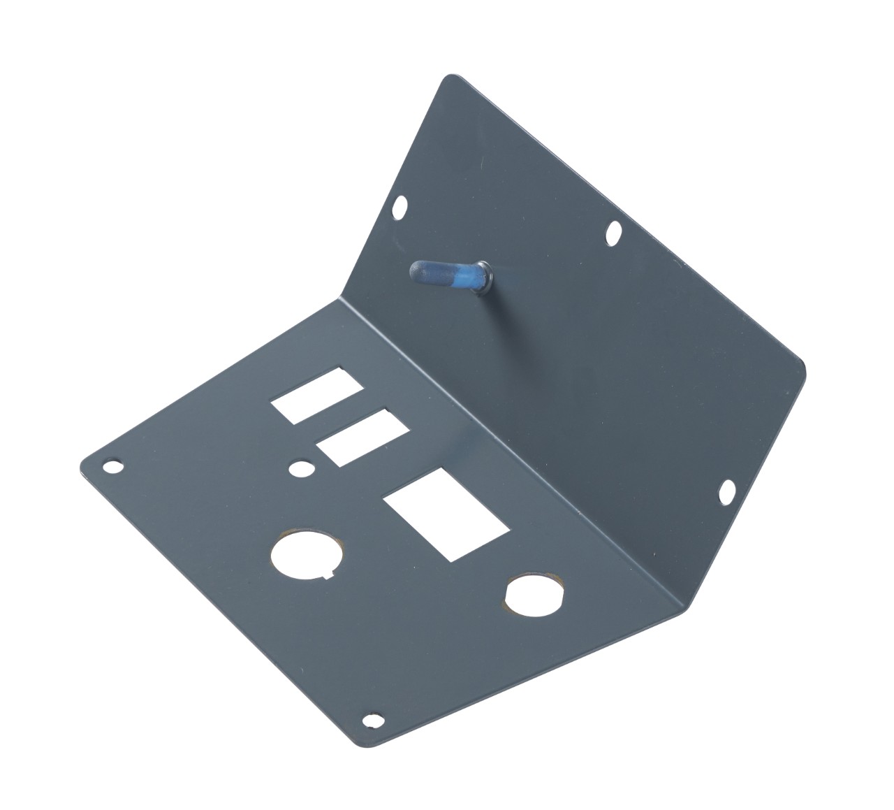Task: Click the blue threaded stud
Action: [x=447, y=275]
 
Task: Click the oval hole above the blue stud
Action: [x=400, y=207]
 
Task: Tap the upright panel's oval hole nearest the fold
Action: [x=726, y=492]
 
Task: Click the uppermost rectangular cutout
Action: [x=318, y=395]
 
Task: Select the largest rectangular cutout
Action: [x=446, y=514]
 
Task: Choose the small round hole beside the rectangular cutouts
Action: [x=300, y=468]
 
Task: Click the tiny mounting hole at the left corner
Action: [x=112, y=465]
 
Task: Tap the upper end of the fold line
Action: [x=341, y=298]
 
